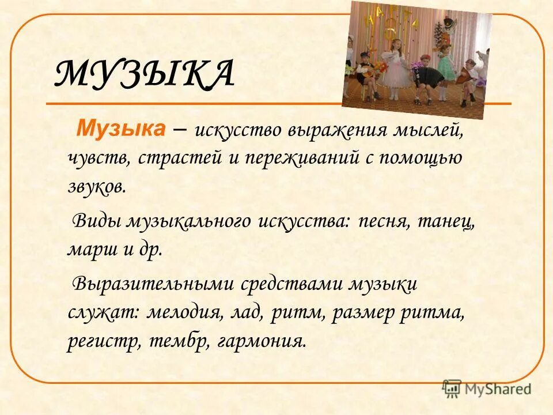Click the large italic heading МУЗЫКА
[144, 74]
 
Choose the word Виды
[96, 221]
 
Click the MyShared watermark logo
[487, 389]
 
